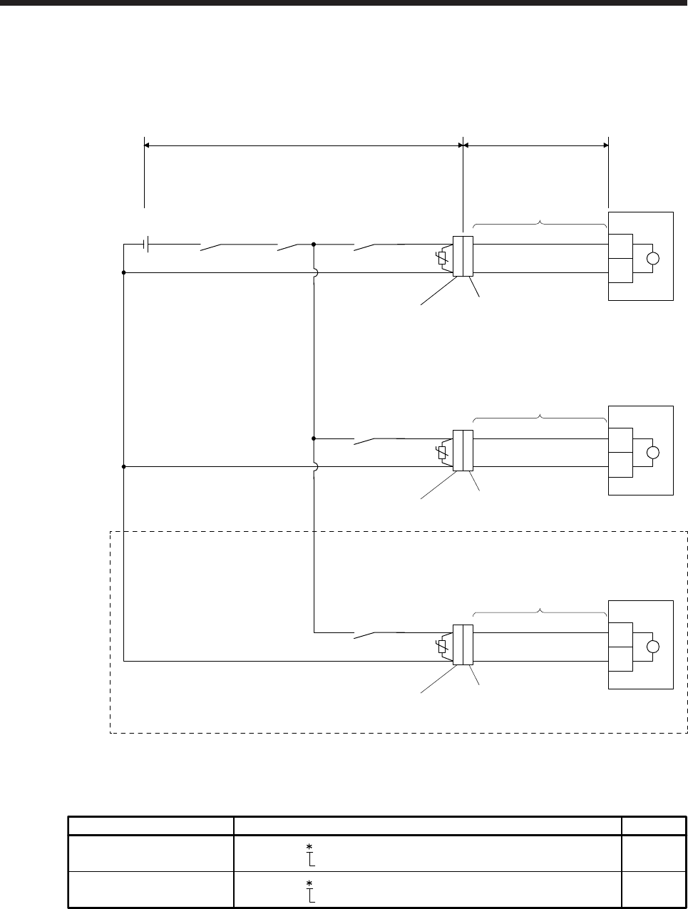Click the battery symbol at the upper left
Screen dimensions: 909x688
pos(145,244)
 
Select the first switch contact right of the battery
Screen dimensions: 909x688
pos(221,247)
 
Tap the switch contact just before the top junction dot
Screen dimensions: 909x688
pos(289,247)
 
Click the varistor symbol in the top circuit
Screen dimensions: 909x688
pos(443,257)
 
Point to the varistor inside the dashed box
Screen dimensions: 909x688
pos(443,647)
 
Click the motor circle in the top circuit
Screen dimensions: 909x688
pos(652,258)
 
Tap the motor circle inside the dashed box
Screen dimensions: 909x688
pos(652,647)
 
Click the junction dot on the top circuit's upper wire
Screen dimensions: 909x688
pos(314,244)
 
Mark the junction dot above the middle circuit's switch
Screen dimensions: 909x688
pos(314,438)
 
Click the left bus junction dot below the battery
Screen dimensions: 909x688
pos(124,272)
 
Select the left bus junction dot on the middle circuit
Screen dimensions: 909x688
pos(124,467)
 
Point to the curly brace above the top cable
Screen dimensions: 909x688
pos(540,223)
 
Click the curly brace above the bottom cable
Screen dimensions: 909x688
pos(540,612)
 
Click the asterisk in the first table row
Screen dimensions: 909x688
pos(309,846)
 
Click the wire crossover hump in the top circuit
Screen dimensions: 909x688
pos(314,272)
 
